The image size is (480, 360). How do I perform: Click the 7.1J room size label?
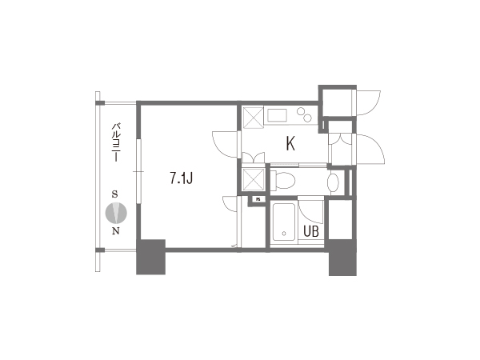pyautogui.click(x=182, y=178)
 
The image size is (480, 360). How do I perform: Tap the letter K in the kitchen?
pyautogui.click(x=290, y=143)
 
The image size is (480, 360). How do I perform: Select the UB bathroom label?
pyautogui.click(x=311, y=231)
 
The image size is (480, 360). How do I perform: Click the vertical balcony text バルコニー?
pyautogui.click(x=116, y=142)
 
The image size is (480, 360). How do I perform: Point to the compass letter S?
pyautogui.click(x=114, y=194)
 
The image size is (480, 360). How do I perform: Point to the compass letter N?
pyautogui.click(x=116, y=231)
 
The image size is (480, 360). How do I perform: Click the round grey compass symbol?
pyautogui.click(x=116, y=213)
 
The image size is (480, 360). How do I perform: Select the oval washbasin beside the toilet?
pyautogui.click(x=333, y=182)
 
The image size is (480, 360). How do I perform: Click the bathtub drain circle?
pyautogui.click(x=284, y=234)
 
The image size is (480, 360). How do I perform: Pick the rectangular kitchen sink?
pyautogui.click(x=278, y=116)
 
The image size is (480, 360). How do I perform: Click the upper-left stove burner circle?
pyautogui.click(x=302, y=111)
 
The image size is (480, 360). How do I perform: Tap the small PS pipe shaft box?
pyautogui.click(x=258, y=199)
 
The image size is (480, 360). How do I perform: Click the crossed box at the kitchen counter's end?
pyautogui.click(x=253, y=116)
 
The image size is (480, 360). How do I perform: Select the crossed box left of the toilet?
pyautogui.click(x=253, y=180)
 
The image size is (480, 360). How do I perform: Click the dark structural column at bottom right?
pyautogui.click(x=342, y=258)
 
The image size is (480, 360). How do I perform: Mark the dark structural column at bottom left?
pyautogui.click(x=150, y=257)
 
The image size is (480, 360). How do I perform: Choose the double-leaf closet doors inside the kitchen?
pyautogui.click(x=253, y=158)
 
